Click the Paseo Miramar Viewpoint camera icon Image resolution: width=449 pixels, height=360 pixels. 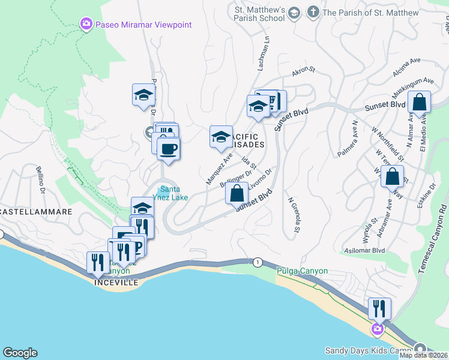click(x=86, y=25)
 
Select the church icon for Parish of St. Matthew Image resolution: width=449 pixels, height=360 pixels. click(x=313, y=12)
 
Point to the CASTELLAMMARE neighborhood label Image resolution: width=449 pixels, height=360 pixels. click(x=36, y=212)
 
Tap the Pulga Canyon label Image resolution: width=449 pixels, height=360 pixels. click(x=302, y=271)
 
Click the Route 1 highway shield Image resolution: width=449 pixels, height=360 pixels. click(x=258, y=262)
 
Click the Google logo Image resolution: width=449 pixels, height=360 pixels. click(x=20, y=353)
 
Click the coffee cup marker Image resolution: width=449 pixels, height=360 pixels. click(x=169, y=149)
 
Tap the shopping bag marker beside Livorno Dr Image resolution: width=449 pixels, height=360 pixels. click(x=237, y=194)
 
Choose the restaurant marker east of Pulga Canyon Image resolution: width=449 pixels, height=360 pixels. click(x=379, y=308)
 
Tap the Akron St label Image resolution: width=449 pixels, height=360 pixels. click(x=304, y=72)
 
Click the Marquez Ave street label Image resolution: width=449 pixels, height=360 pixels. click(x=218, y=168)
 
